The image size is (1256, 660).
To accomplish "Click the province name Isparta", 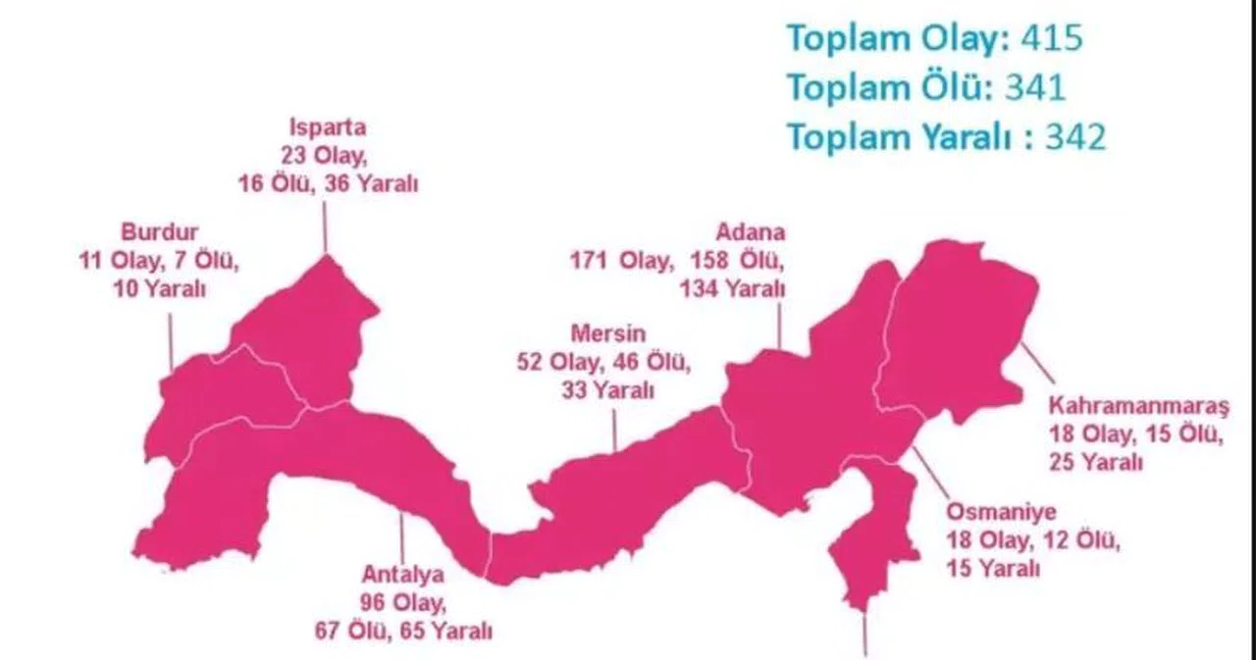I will pos(327,128).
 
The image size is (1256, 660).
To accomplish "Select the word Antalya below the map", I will pos(402,574).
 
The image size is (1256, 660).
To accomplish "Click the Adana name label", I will pos(751,233).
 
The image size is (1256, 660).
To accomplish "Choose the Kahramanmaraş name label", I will pos(1138,406).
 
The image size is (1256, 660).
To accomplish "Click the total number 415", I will pos(1051,38).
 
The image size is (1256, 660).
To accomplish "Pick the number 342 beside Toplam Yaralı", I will pos(1074,138).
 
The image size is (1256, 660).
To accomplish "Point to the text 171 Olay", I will pos(621,261).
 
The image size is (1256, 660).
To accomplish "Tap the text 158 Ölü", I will pos(737,261).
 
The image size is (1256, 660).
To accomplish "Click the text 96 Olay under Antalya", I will pos(402,601).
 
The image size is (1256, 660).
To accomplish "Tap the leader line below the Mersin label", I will pos(614,430).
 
